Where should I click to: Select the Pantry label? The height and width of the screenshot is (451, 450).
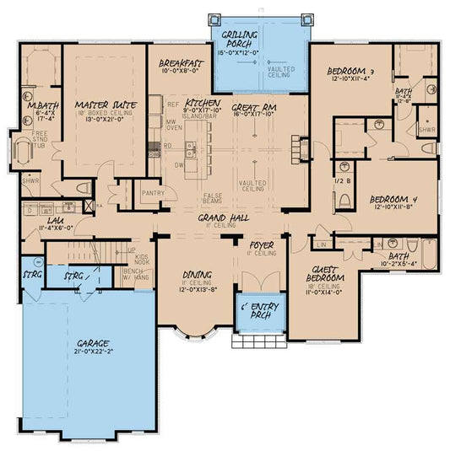[154, 193]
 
